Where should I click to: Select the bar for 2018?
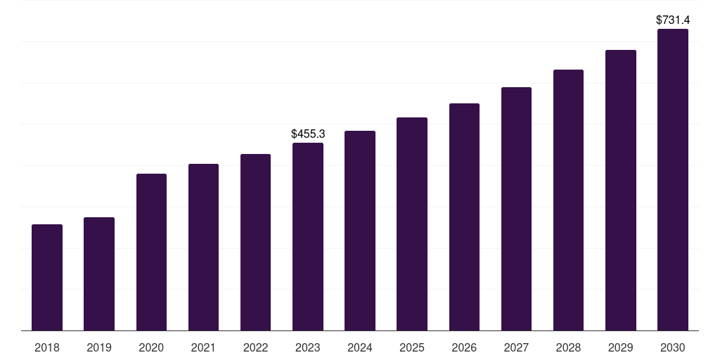pos(47,277)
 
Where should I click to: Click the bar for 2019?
pos(99,274)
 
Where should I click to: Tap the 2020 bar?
pos(152,252)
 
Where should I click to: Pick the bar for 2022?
pos(255,243)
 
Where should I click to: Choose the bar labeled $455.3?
pos(308,237)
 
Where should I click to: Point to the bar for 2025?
pos(412,224)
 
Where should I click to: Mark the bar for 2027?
pos(516,209)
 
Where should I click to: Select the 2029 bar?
pos(620,190)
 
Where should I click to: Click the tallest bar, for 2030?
pos(673,179)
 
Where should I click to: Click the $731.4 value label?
pos(673,20)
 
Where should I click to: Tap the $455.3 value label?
pos(308,134)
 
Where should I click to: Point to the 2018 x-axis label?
pos(47,347)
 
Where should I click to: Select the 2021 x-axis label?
pos(203,347)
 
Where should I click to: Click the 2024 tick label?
pos(360,347)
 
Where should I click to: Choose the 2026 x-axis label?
pos(464,347)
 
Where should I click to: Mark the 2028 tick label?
pos(568,347)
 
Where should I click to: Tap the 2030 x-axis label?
pos(673,347)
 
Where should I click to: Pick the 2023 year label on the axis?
pos(308,347)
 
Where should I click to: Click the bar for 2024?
pos(360,231)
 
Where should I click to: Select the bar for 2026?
pos(464,217)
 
